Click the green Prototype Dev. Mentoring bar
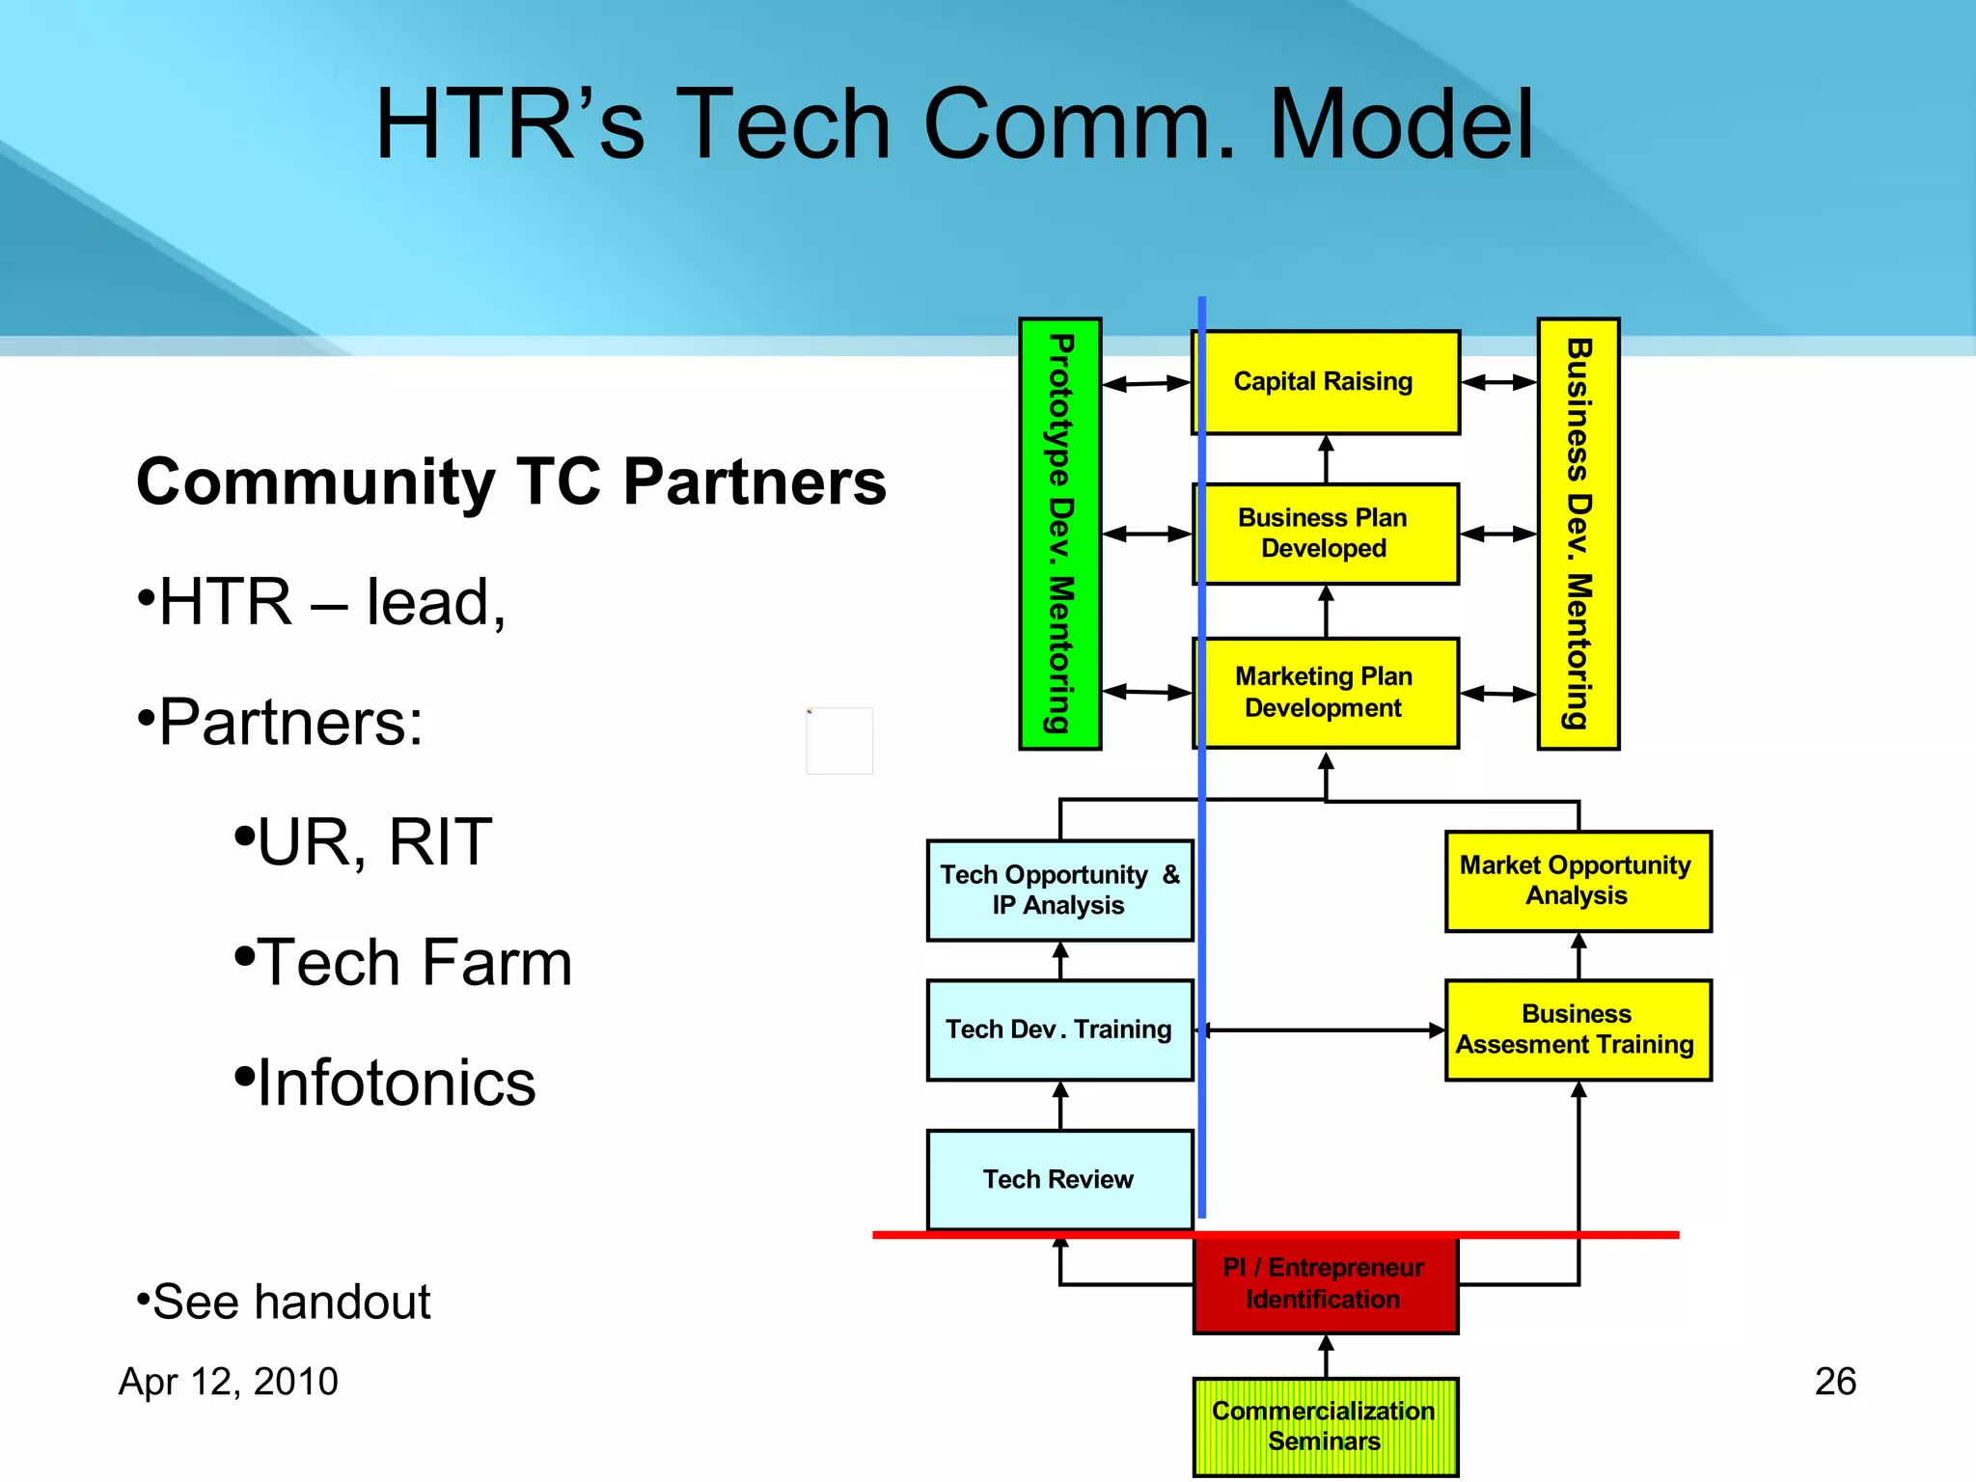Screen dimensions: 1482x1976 [x=1059, y=534]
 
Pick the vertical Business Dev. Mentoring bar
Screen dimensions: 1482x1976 [x=1578, y=534]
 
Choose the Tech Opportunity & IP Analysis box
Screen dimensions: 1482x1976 [x=1059, y=890]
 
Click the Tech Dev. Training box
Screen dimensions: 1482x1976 [x=1059, y=1029]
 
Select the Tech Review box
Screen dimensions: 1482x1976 [x=1059, y=1179]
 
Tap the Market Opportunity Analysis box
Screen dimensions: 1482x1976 [x=1578, y=880]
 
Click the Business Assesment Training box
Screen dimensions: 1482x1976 [x=1578, y=1029]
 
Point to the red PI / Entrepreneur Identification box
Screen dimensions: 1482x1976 [x=1325, y=1283]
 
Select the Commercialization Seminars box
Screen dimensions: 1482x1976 [x=1325, y=1426]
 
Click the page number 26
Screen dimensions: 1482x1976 [x=1834, y=1381]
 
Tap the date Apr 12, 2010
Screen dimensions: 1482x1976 [x=229, y=1381]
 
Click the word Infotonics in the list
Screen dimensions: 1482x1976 [x=396, y=1083]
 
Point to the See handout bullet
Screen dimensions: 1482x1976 [x=289, y=1301]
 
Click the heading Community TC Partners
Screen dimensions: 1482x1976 [x=511, y=481]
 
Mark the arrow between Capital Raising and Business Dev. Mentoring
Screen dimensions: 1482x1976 [x=1498, y=382]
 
